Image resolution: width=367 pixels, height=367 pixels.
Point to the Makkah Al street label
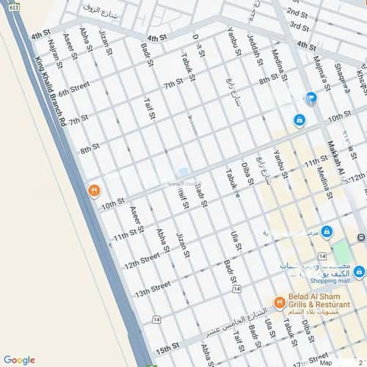coord(335,158)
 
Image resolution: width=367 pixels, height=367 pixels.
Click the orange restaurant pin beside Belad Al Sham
coord(279,302)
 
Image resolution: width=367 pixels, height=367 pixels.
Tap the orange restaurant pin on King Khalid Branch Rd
coord(94,191)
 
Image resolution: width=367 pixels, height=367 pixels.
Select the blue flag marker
coord(310,97)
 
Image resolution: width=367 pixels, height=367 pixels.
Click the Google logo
coord(19,360)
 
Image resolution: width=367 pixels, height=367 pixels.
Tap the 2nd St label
coord(297,12)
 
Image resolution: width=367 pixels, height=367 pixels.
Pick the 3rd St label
coord(297,26)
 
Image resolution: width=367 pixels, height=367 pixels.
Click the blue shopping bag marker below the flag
coord(299,120)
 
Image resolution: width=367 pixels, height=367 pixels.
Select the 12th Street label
coord(141,261)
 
